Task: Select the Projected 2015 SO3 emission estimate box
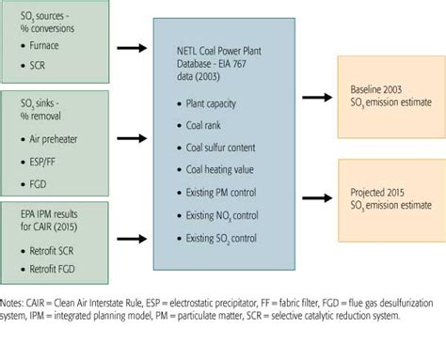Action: click(x=387, y=197)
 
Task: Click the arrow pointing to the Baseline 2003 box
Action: click(x=314, y=97)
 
